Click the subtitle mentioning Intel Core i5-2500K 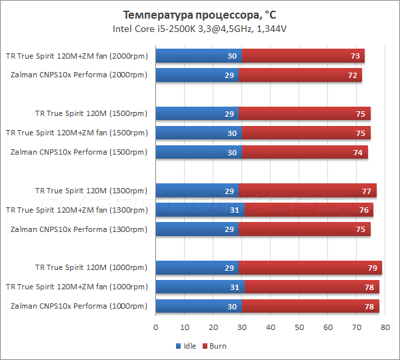[x=200, y=29]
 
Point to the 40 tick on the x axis [x=271, y=327]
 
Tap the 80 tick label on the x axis [x=385, y=327]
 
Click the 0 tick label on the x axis [x=156, y=327]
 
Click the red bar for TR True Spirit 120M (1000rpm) [x=310, y=268]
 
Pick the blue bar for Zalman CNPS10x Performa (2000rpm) [x=197, y=75]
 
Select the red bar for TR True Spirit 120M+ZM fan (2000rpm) [x=303, y=56]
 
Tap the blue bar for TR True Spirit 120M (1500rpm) [x=197, y=114]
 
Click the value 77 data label [x=366, y=191]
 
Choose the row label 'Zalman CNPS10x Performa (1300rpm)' [x=79, y=229]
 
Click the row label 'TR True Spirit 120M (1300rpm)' [x=91, y=191]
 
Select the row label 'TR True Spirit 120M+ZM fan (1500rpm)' [x=76, y=133]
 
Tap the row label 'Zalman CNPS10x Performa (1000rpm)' [x=79, y=306]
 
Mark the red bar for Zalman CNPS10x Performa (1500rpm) [x=305, y=153]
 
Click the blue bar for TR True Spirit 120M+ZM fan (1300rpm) [x=200, y=210]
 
